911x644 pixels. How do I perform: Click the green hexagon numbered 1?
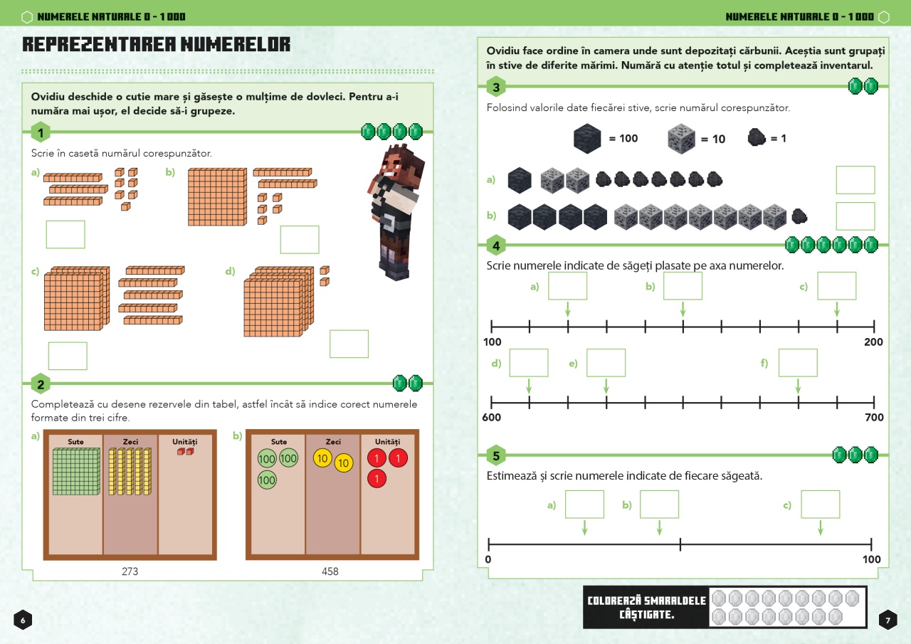(41, 132)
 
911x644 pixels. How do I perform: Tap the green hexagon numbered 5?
(496, 455)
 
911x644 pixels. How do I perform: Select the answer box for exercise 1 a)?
(65, 235)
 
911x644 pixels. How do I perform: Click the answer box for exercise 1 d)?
(349, 344)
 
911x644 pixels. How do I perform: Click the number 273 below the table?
(130, 571)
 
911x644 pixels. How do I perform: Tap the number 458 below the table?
(330, 571)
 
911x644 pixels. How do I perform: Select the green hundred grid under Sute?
(76, 472)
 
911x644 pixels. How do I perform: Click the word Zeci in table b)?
(333, 441)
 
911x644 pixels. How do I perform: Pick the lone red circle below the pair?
(376, 478)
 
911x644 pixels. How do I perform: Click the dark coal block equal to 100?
(587, 139)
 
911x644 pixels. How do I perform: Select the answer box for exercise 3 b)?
(855, 216)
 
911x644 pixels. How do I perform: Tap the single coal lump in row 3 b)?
(799, 216)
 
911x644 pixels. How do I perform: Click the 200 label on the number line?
(873, 342)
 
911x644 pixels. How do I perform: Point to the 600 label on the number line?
(491, 417)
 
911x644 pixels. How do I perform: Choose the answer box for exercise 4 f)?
(798, 363)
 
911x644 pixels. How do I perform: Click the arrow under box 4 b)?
(683, 310)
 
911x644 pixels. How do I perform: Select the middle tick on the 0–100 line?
(680, 544)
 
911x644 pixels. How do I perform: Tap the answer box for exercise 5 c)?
(821, 504)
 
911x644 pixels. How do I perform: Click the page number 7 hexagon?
(888, 620)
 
